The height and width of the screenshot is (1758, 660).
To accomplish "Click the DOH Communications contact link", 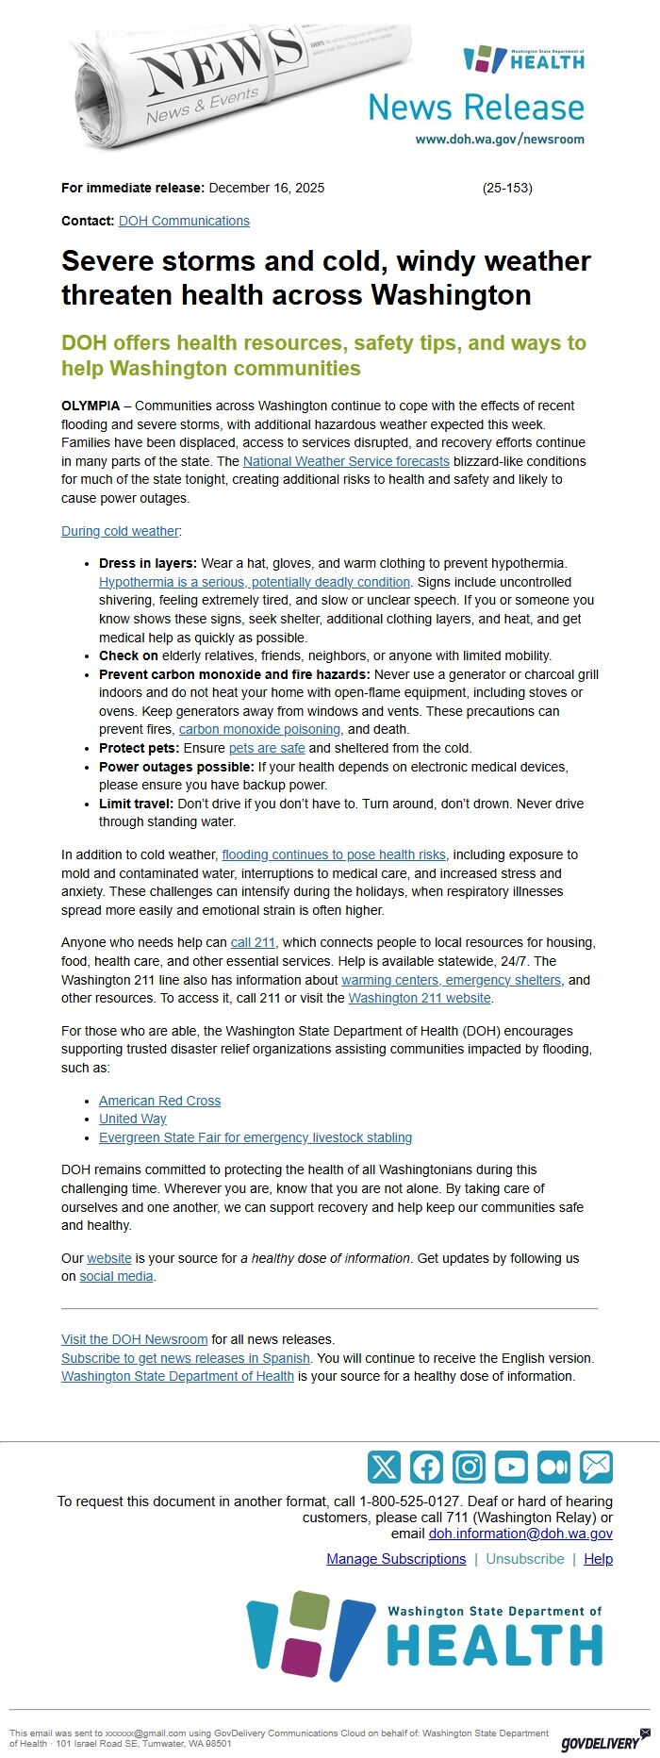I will [x=184, y=221].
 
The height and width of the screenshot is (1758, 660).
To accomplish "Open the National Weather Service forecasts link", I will [x=346, y=461].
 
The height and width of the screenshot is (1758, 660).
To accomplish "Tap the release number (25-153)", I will [x=507, y=188].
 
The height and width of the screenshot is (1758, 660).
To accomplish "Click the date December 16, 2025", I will [x=266, y=188].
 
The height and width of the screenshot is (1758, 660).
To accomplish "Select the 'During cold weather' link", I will [x=120, y=531].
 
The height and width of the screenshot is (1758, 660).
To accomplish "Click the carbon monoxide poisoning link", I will [x=259, y=729].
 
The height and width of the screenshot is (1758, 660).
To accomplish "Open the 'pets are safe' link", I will [x=267, y=748].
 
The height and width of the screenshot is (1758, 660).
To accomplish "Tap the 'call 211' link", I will [x=253, y=942].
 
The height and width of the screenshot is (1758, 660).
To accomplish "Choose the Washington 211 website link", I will [x=420, y=998].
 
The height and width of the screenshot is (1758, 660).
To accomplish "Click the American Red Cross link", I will [x=159, y=1101].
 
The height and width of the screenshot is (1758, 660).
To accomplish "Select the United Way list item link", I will [x=133, y=1119].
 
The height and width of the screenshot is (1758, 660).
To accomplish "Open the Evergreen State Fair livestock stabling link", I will [x=256, y=1137].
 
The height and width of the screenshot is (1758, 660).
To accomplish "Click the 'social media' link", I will [x=116, y=1276].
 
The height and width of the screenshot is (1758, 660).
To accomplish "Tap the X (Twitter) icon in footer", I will [x=384, y=1467].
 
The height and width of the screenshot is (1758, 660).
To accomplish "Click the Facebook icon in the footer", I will [x=426, y=1467].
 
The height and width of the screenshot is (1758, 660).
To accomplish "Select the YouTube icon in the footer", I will [x=511, y=1467].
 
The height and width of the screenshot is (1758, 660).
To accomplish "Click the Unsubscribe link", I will [x=525, y=1559].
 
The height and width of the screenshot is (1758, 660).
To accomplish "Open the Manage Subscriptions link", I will [x=396, y=1559].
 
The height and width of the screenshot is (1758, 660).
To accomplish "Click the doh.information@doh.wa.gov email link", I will [x=520, y=1534].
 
